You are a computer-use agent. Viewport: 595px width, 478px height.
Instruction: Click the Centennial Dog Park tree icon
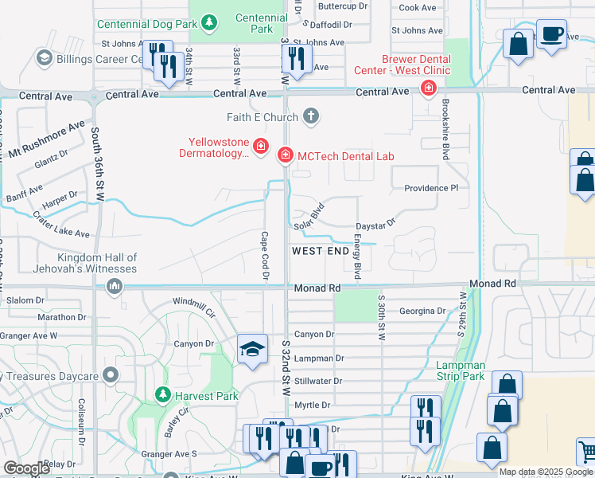tap(209, 23)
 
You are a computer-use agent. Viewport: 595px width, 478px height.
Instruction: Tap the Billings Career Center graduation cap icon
tap(45, 58)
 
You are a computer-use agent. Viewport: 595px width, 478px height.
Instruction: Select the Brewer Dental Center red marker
tap(429, 87)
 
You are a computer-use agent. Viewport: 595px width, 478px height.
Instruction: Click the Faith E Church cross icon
tap(311, 117)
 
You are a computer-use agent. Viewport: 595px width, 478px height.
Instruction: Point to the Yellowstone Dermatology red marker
tap(260, 147)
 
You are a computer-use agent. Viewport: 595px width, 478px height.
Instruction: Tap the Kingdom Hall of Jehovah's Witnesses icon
tap(115, 285)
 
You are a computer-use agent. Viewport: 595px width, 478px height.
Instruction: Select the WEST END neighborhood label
tap(321, 251)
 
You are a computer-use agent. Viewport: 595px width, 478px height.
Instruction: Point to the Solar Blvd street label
tap(310, 219)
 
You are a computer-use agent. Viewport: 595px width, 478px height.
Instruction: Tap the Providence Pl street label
tap(431, 188)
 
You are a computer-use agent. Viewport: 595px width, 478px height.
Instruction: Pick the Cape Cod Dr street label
tap(266, 256)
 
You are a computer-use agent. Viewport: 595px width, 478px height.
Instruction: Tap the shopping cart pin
tap(587, 453)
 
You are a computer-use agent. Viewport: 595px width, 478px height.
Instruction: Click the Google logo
tap(26, 468)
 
